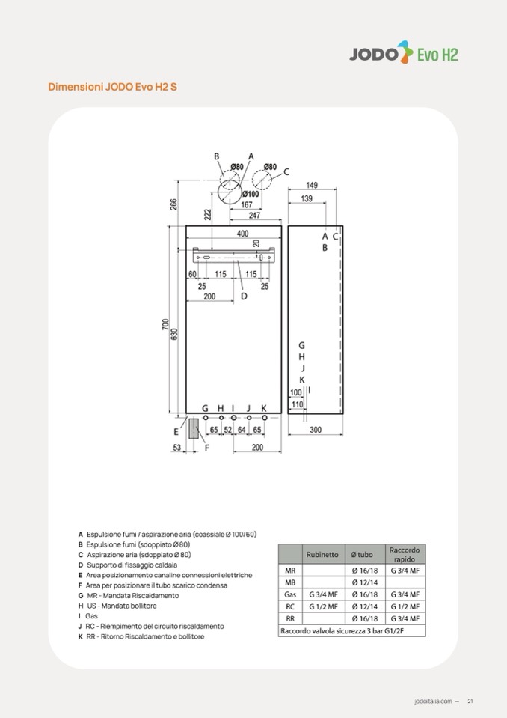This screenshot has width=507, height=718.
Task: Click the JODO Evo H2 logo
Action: click(x=404, y=52)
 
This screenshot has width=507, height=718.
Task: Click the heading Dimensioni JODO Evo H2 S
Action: click(x=112, y=87)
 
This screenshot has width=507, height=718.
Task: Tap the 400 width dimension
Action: click(x=243, y=234)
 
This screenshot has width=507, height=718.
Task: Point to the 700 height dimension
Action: click(x=165, y=325)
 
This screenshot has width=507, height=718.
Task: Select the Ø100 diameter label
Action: click(x=251, y=194)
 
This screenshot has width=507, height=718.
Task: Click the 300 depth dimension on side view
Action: click(x=316, y=430)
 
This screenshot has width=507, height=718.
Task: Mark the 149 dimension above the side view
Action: click(x=312, y=185)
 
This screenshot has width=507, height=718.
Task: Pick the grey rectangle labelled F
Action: click(x=194, y=429)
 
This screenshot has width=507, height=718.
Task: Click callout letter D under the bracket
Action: click(x=244, y=296)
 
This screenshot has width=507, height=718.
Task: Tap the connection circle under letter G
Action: click(x=206, y=418)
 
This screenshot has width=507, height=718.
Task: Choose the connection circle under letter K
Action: click(x=264, y=418)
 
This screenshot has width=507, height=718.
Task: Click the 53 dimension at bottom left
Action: click(x=177, y=448)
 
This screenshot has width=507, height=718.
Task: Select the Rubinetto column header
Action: click(x=322, y=555)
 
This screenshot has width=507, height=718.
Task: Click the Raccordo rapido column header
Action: click(x=405, y=555)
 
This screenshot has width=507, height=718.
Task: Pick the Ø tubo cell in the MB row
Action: click(x=364, y=582)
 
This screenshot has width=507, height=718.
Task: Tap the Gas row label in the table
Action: click(x=290, y=594)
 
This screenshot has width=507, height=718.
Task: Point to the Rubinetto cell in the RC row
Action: click(x=323, y=606)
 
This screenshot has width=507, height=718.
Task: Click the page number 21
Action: click(x=470, y=701)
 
